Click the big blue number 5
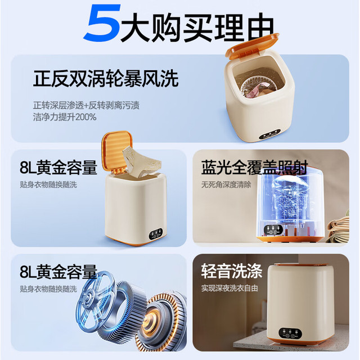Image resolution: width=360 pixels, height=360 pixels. click(102, 22)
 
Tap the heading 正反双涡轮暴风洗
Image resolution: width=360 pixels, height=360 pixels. click(106, 79)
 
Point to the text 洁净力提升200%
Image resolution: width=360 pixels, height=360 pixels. click(65, 117)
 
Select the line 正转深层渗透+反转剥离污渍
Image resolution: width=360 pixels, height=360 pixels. click(86, 105)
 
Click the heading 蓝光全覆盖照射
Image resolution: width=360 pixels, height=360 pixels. click(254, 167)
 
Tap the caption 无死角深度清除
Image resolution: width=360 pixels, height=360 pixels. click(226, 184)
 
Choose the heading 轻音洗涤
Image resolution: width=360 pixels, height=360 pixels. click(232, 271)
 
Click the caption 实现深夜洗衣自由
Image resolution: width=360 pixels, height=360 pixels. click(229, 288)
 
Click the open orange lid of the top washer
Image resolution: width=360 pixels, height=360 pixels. click(251, 45)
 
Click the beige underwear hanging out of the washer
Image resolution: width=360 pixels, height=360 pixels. click(141, 161)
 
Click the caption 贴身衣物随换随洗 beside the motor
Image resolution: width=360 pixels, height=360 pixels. click(48, 289)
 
